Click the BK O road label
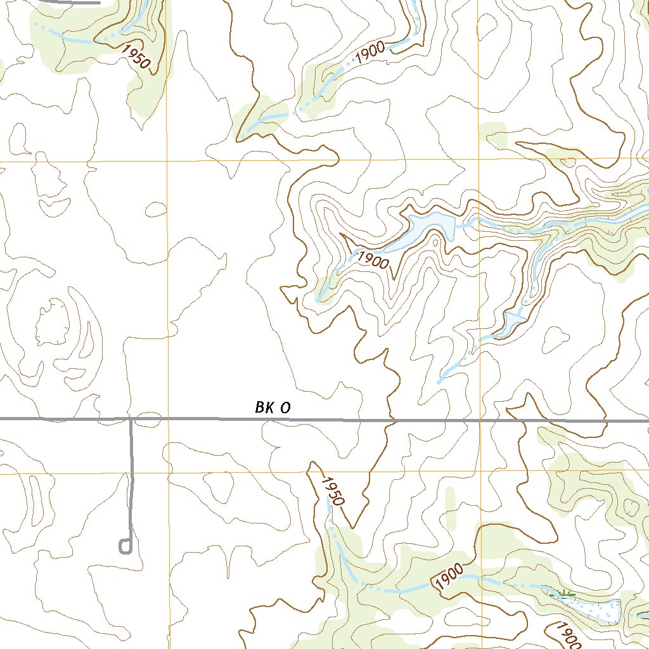click(x=273, y=408)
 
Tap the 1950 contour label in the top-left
click(x=137, y=58)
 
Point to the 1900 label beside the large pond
click(x=372, y=260)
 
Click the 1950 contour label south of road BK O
click(x=331, y=491)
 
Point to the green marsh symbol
click(x=563, y=594)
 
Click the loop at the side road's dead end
click(x=125, y=546)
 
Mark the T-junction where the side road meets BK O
click(x=131, y=419)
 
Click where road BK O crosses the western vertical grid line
click(x=168, y=419)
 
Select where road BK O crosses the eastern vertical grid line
click(x=480, y=420)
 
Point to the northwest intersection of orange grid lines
click(x=167, y=161)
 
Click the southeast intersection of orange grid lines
click(x=480, y=473)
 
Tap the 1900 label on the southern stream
click(x=449, y=579)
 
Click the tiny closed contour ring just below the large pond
click(x=436, y=242)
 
